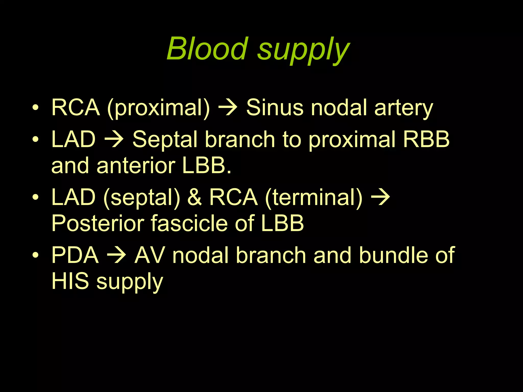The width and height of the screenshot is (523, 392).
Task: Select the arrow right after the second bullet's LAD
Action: [114, 140]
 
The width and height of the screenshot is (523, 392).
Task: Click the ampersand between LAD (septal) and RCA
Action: [195, 197]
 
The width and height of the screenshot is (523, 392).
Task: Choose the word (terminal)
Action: [314, 198]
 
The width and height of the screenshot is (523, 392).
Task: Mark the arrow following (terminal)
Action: [381, 197]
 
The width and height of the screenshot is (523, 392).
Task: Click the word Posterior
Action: [97, 223]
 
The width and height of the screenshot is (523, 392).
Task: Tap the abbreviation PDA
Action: [75, 255]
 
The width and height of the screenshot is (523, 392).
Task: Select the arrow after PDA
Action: [116, 255]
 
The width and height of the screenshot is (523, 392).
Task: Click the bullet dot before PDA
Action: [35, 255]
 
